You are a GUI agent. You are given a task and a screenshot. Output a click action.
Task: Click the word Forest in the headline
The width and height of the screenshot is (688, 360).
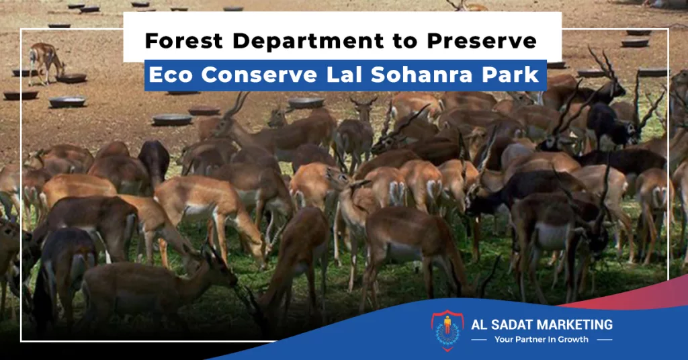[184, 41]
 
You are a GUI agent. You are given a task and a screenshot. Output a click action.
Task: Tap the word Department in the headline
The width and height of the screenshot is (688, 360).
[308, 41]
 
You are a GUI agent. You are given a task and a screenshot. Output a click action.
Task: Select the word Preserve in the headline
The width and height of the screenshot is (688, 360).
[482, 41]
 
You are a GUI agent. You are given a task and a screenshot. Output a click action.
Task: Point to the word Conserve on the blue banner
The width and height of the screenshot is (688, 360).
[259, 75]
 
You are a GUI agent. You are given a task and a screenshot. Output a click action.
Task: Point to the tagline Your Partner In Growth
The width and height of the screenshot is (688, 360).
[542, 339]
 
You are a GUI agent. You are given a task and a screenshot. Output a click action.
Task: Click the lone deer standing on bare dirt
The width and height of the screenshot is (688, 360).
[46, 62]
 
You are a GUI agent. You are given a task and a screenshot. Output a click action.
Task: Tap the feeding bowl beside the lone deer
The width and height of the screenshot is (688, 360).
[71, 78]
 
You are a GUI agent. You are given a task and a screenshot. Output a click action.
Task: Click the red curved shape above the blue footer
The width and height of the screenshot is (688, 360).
[632, 293]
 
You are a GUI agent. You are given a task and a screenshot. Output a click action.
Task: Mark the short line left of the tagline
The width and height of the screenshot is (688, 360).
[478, 340]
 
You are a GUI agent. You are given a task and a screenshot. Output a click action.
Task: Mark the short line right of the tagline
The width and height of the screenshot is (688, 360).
[605, 340]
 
